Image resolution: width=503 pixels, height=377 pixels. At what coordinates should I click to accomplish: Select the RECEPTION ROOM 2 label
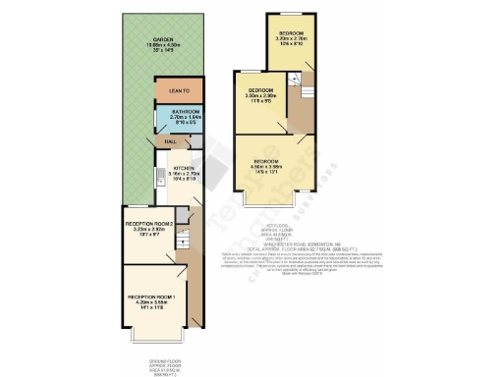click(149, 225)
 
